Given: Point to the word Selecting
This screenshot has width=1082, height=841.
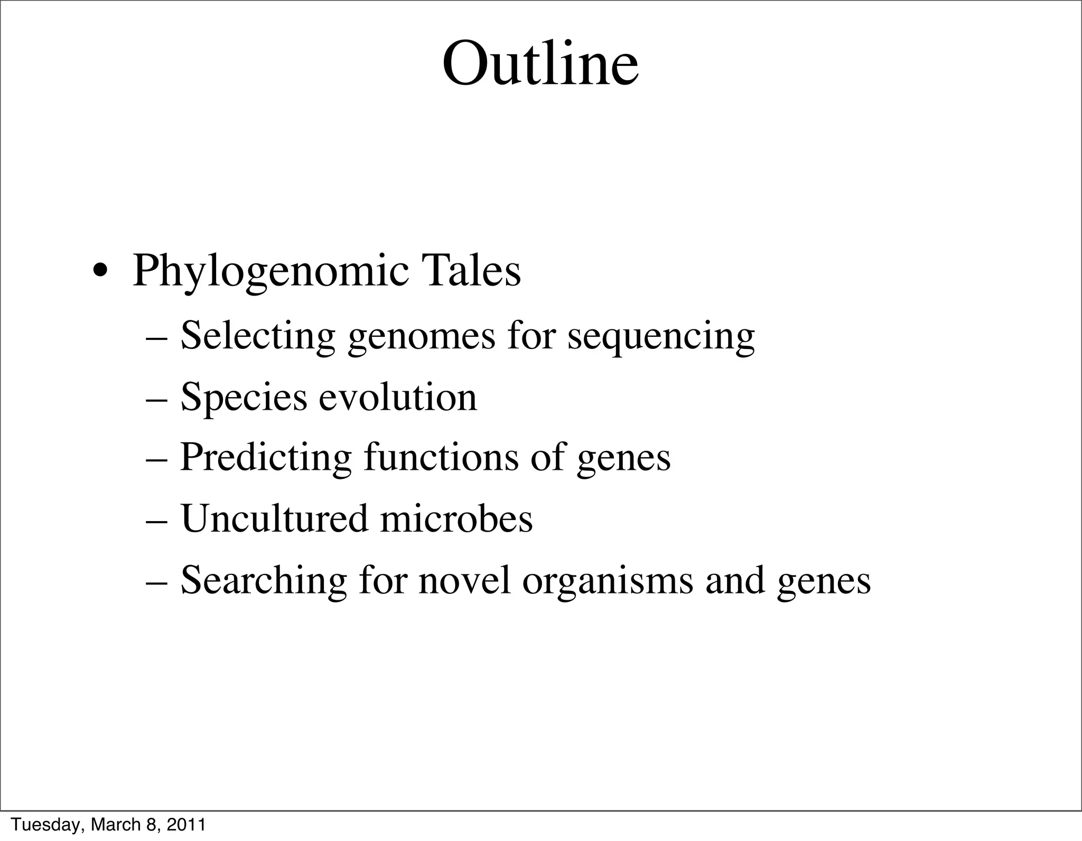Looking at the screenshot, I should tap(258, 337).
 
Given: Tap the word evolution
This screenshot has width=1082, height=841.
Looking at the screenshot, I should tap(398, 397).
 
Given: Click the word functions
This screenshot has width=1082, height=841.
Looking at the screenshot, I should tap(441, 457).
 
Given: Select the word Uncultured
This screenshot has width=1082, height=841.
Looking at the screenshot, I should tap(274, 518).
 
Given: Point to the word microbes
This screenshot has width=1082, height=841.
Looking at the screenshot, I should tap(456, 518).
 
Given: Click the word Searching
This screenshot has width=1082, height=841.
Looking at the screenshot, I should tap(264, 580).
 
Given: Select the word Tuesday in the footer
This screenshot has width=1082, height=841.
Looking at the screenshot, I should tap(44, 825).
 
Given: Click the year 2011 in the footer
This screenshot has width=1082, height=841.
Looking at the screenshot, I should tap(185, 824).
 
